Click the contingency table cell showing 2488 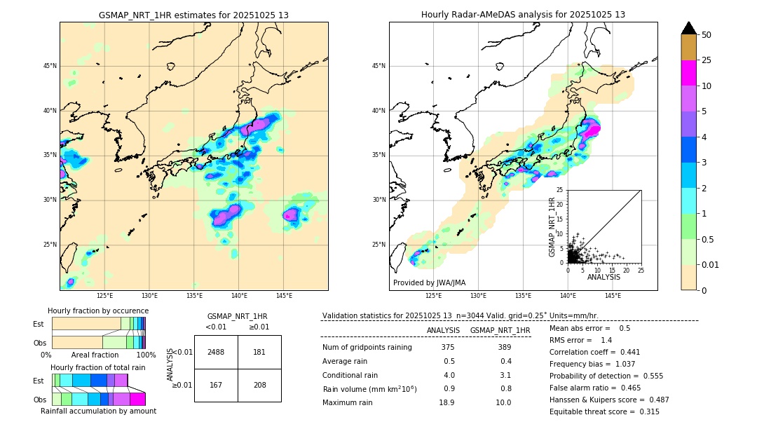[x=216, y=352]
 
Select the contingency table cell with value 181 [x=259, y=352]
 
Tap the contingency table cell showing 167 [x=216, y=386]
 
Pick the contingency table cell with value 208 [x=259, y=386]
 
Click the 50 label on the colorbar [x=707, y=35]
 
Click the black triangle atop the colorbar [x=689, y=28]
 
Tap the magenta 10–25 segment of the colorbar [x=689, y=73]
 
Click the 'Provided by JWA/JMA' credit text [x=429, y=282]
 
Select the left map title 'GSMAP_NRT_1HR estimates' [x=193, y=15]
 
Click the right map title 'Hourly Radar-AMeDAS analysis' [x=523, y=15]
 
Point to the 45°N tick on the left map [x=50, y=66]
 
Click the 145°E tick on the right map [x=613, y=296]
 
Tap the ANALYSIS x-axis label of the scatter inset [x=603, y=277]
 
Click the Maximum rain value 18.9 [x=446, y=402]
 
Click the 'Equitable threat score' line [x=604, y=411]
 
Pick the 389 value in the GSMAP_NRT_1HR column [x=504, y=347]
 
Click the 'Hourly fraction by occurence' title [x=98, y=311]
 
